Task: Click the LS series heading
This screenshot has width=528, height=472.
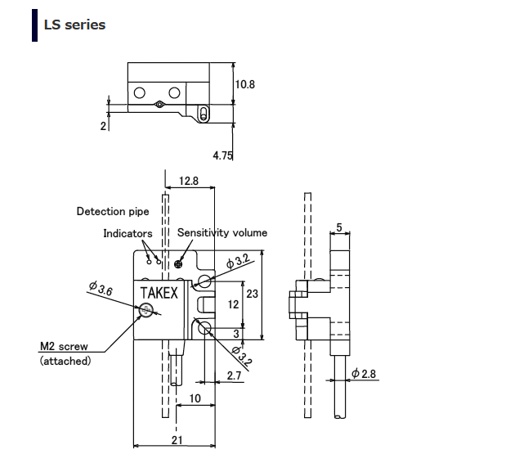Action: (74, 25)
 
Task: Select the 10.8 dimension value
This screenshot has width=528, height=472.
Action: (245, 84)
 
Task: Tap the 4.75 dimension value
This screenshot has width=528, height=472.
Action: (223, 155)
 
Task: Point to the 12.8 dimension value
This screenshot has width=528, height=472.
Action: (189, 182)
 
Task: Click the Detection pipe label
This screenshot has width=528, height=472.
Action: (113, 211)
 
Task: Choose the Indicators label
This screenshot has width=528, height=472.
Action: (128, 233)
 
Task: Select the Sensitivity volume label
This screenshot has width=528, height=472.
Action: (222, 232)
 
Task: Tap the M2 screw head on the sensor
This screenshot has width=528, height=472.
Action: (146, 310)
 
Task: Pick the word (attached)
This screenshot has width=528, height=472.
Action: (65, 361)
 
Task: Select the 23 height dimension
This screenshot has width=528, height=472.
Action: (252, 292)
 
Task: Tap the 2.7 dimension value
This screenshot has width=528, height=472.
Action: (234, 375)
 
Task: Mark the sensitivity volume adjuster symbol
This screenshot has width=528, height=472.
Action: (189, 263)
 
